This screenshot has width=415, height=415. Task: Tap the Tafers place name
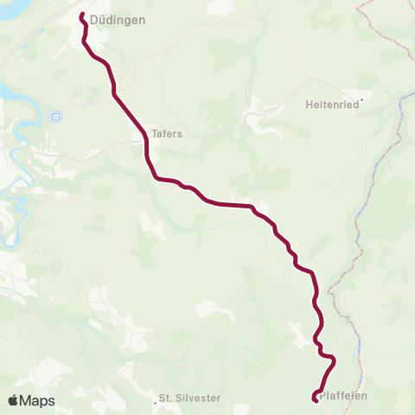click(x=166, y=134)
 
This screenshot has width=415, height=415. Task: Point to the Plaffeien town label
click(x=343, y=396)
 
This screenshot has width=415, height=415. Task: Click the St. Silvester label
click(x=190, y=399)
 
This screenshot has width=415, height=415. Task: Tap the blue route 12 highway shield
click(x=55, y=115)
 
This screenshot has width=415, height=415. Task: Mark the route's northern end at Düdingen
click(x=82, y=15)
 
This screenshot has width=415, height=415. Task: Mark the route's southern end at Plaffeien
click(x=314, y=398)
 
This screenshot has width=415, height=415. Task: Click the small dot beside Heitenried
click(x=362, y=99)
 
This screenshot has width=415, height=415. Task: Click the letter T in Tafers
click(x=154, y=134)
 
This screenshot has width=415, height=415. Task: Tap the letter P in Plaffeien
click(x=322, y=396)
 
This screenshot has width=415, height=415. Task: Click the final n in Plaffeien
click(x=364, y=396)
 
